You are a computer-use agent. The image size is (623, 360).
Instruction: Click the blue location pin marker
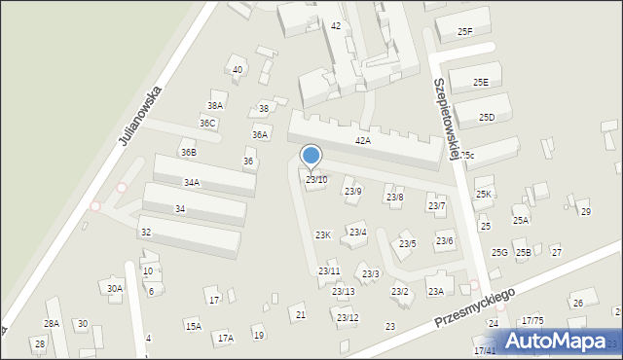point(311,156)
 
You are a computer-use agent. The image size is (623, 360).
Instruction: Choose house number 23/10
point(316,180)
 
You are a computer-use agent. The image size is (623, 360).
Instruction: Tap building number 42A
point(363,141)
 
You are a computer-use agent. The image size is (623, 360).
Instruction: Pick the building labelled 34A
point(192,183)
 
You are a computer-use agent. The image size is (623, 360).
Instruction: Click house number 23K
point(323,235)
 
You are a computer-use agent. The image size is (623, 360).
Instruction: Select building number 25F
point(464,32)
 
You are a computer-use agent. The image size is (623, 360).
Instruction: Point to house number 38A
point(215,105)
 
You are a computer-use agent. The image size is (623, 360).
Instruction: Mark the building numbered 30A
point(115,289)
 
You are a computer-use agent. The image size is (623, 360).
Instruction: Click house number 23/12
point(348,318)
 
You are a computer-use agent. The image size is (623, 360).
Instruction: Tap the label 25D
point(487,118)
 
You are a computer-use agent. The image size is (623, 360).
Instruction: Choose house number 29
point(585,212)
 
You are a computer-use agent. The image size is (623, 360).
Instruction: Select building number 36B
point(189,153)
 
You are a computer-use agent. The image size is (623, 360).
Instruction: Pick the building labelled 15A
point(194,326)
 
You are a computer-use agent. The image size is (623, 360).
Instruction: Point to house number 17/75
point(532,321)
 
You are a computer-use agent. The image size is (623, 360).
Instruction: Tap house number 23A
point(435,292)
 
